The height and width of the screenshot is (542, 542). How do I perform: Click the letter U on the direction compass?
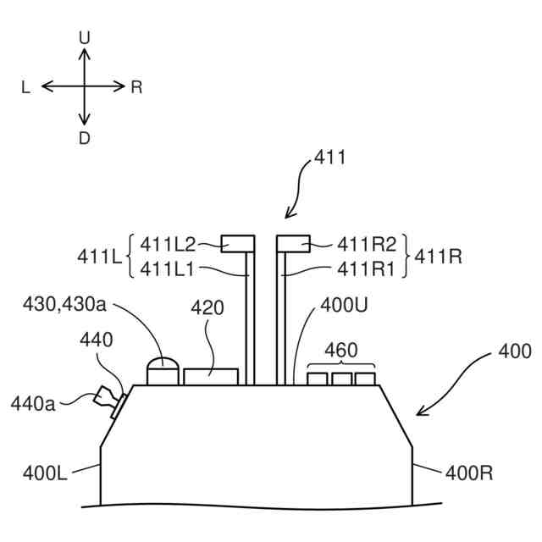point(84,37)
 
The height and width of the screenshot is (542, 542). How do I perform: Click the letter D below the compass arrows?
point(84,138)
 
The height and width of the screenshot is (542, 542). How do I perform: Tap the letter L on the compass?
point(26,86)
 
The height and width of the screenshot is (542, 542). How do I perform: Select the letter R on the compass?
point(136,86)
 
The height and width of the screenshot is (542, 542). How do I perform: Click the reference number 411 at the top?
point(329,157)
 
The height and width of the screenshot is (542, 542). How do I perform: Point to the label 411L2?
point(168,245)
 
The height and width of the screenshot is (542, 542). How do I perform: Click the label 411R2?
point(367,245)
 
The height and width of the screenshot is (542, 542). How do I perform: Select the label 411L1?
point(168,269)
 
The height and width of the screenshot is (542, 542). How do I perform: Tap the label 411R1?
point(367,269)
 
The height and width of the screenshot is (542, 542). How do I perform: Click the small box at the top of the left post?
point(238,243)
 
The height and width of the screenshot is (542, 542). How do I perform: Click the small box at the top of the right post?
point(293,243)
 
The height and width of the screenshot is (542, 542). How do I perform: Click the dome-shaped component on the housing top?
point(164,372)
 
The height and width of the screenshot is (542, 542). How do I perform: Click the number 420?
point(207,307)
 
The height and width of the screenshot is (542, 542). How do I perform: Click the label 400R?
point(468,473)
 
